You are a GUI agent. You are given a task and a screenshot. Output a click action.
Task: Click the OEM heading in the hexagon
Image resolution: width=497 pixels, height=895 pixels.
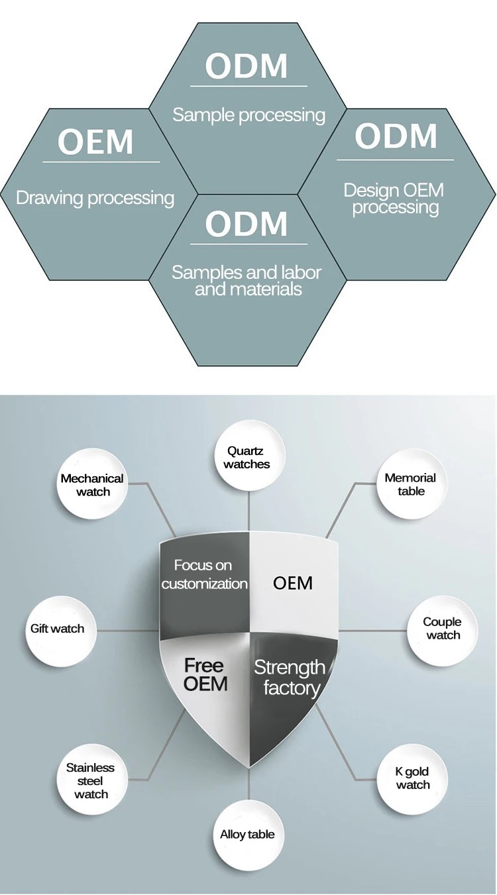coord(95,142)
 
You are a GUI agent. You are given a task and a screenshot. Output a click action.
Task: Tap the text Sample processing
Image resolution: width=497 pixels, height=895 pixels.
coord(248,115)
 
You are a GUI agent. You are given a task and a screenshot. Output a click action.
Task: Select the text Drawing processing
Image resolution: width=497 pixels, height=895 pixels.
coord(95,198)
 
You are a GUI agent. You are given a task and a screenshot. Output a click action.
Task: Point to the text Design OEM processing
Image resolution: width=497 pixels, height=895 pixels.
coord(394,199)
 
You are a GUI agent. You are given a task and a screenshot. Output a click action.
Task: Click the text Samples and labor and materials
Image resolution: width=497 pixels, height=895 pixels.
coord(247,280)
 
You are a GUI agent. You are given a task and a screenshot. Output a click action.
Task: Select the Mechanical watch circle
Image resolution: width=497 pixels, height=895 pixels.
coord(92,484)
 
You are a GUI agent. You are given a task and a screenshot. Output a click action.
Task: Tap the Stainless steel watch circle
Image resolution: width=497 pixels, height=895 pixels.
coord(92,779)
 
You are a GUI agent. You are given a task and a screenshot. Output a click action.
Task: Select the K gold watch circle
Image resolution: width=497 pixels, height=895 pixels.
coord(412,779)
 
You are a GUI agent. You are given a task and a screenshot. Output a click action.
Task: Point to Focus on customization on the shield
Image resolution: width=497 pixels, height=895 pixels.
coord(204,574)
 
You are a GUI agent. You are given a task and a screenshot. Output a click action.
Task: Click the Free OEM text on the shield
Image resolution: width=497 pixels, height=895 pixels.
coord(205,675)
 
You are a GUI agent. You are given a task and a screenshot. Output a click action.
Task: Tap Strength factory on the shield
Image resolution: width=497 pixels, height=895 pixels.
coord(290,678)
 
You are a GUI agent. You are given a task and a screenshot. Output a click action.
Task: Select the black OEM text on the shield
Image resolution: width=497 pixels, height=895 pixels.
coord(293,584)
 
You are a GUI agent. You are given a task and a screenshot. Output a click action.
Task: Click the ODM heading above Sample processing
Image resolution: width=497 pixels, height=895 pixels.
coord(247,66)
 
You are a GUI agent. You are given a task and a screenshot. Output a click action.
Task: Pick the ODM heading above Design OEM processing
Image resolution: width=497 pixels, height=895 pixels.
coord(396,136)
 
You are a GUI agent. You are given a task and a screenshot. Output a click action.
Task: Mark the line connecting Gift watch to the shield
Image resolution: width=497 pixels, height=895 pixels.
coord(129,631)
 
